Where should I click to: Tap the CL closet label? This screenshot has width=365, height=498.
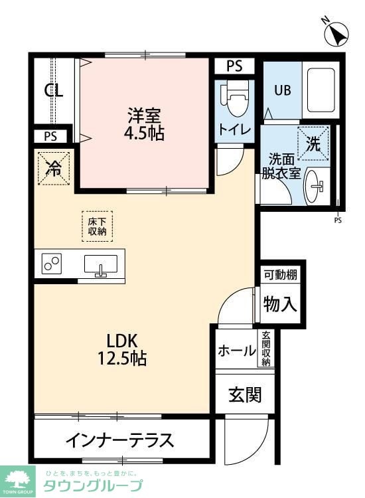54,92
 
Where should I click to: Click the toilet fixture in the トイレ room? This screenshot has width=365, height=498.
234,98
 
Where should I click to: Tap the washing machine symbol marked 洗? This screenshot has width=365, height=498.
313,143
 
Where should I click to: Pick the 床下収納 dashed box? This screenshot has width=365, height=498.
98,226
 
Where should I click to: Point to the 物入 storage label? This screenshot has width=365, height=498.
280,303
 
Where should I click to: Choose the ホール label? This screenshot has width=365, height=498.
237,351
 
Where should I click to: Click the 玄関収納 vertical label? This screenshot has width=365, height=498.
266,349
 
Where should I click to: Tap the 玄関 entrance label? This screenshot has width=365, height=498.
245,394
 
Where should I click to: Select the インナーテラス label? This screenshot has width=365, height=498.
120,440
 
